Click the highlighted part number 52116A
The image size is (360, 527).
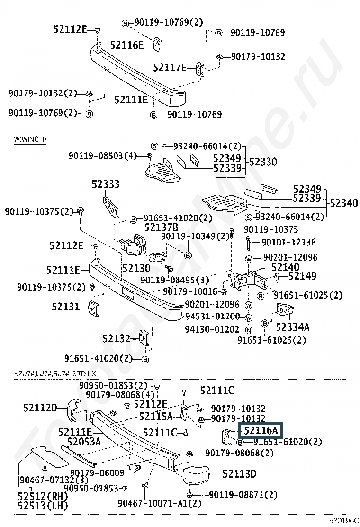click(261, 431)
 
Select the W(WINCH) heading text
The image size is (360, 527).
click(30, 139)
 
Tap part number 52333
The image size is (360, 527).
click(106, 184)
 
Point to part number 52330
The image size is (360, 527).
click(263, 162)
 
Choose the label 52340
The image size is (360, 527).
click(344, 203)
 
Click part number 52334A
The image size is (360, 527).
click(292, 327)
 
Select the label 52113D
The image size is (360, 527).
click(239, 473)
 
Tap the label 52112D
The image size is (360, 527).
click(40, 407)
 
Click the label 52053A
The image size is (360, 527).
click(84, 442)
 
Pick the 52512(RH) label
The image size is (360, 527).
click(43, 496)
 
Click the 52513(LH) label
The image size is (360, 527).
click(43, 505)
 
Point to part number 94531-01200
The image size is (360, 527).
click(212, 317)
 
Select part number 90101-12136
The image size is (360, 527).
click(288, 242)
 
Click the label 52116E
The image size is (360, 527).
click(126, 45)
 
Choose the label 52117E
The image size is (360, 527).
click(171, 67)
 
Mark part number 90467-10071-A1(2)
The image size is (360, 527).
click(160, 503)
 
